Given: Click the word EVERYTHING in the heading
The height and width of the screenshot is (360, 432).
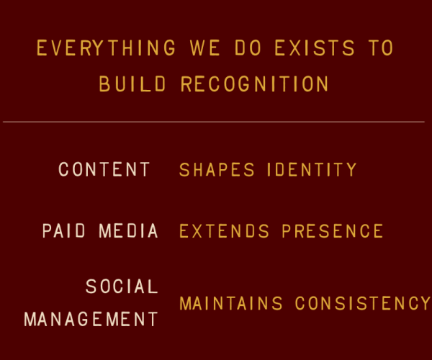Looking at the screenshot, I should point(106,49).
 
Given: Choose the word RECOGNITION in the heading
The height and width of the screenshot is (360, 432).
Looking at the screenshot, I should point(255,84).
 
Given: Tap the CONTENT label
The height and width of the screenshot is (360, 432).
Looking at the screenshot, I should point(104,170).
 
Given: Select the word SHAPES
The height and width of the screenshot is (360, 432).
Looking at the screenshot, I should point(217,170).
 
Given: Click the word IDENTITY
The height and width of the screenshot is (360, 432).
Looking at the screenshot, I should point(312,170).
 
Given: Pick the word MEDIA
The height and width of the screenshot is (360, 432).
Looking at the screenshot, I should point(128,231).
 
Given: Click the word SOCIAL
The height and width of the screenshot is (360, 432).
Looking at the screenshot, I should point(122,287).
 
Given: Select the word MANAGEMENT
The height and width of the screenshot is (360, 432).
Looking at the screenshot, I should point(91,319).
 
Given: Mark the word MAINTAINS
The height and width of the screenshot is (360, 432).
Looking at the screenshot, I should point(231,303).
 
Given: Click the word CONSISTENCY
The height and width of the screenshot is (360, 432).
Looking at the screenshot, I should point(362,303).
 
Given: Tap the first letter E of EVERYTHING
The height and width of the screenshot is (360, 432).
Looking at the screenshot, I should point(42,49).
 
